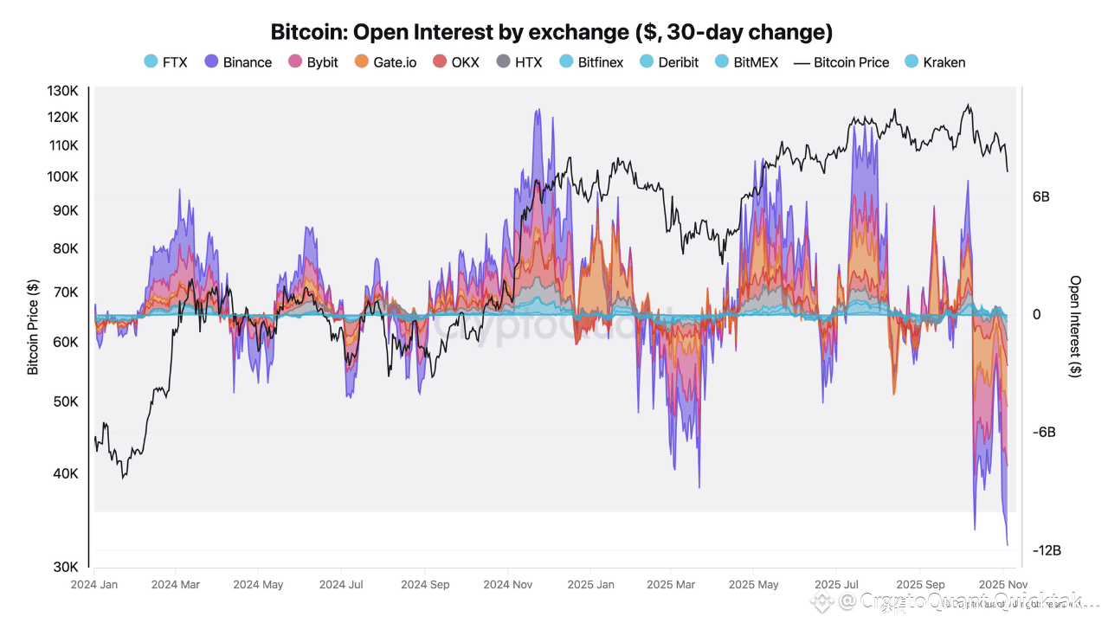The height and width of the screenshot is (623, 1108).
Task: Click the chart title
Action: tap(551, 33)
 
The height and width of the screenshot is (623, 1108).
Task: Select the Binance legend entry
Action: tap(239, 62)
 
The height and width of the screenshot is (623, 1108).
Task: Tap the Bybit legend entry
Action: tap(313, 62)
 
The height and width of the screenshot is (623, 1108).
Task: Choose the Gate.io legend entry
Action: tap(385, 62)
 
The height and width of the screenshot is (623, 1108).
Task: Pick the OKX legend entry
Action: tap(456, 62)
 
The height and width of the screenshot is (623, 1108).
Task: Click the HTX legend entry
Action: tap(519, 62)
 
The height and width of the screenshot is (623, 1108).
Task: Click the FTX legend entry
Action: tap(165, 62)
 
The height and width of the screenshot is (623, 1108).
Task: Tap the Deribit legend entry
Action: tap(669, 62)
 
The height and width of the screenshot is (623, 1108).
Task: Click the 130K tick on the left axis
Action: tap(62, 92)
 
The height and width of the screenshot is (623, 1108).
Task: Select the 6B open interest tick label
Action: tap(1040, 197)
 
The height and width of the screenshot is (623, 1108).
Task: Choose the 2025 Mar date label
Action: tap(671, 585)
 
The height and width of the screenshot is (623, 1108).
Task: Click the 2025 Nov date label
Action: tap(1002, 585)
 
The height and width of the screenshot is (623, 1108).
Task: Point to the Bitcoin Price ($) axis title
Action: tap(33, 327)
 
